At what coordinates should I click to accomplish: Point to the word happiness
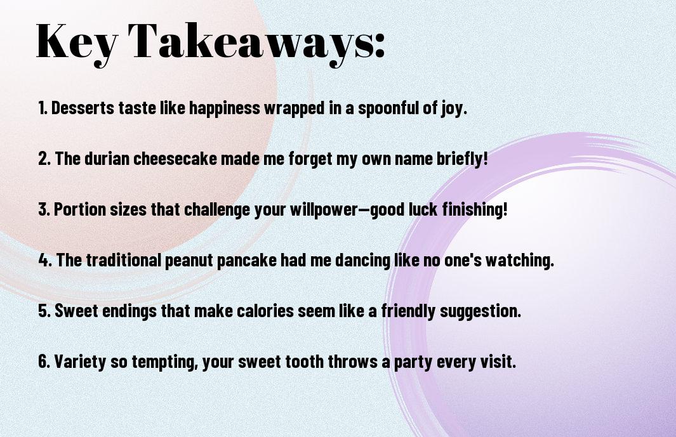[x=224, y=108]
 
